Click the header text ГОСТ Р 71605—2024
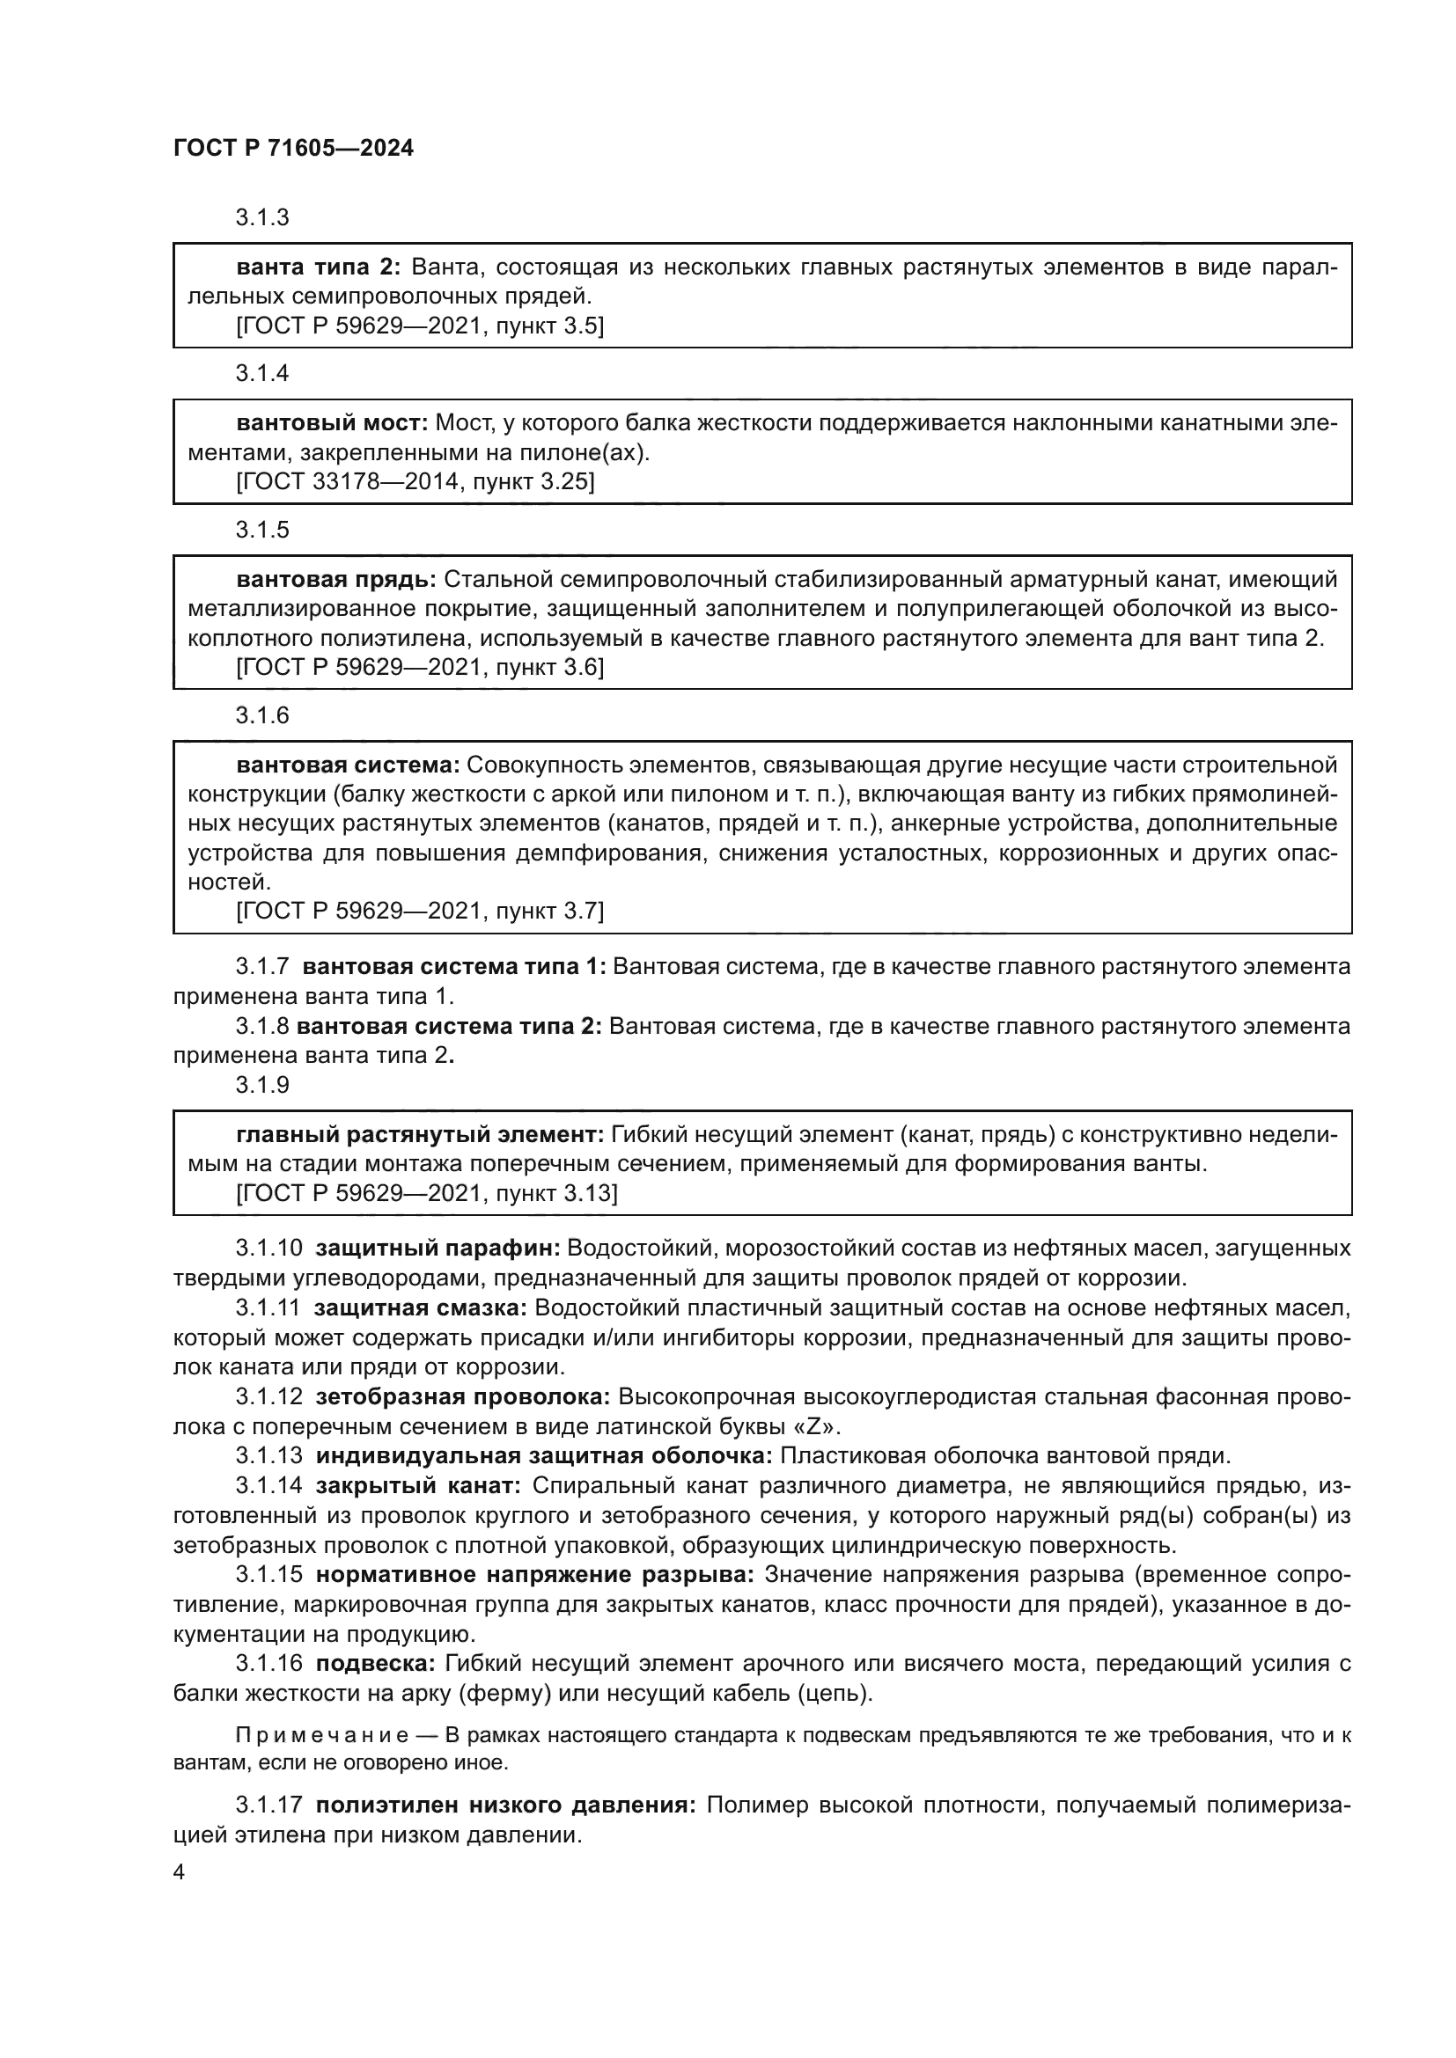tap(293, 149)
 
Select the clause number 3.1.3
tap(262, 218)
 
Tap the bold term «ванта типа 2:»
tap(318, 267)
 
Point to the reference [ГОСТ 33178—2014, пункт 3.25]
tap(415, 482)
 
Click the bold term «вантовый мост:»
tap(332, 423)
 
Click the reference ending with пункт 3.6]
tap(420, 668)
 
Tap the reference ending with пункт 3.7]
tap(420, 912)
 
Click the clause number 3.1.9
tap(262, 1086)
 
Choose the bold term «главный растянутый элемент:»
tap(420, 1136)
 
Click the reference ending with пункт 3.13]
tap(427, 1194)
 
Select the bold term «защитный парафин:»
tap(438, 1249)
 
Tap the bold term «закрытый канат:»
tap(418, 1486)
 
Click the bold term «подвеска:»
tap(375, 1664)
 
